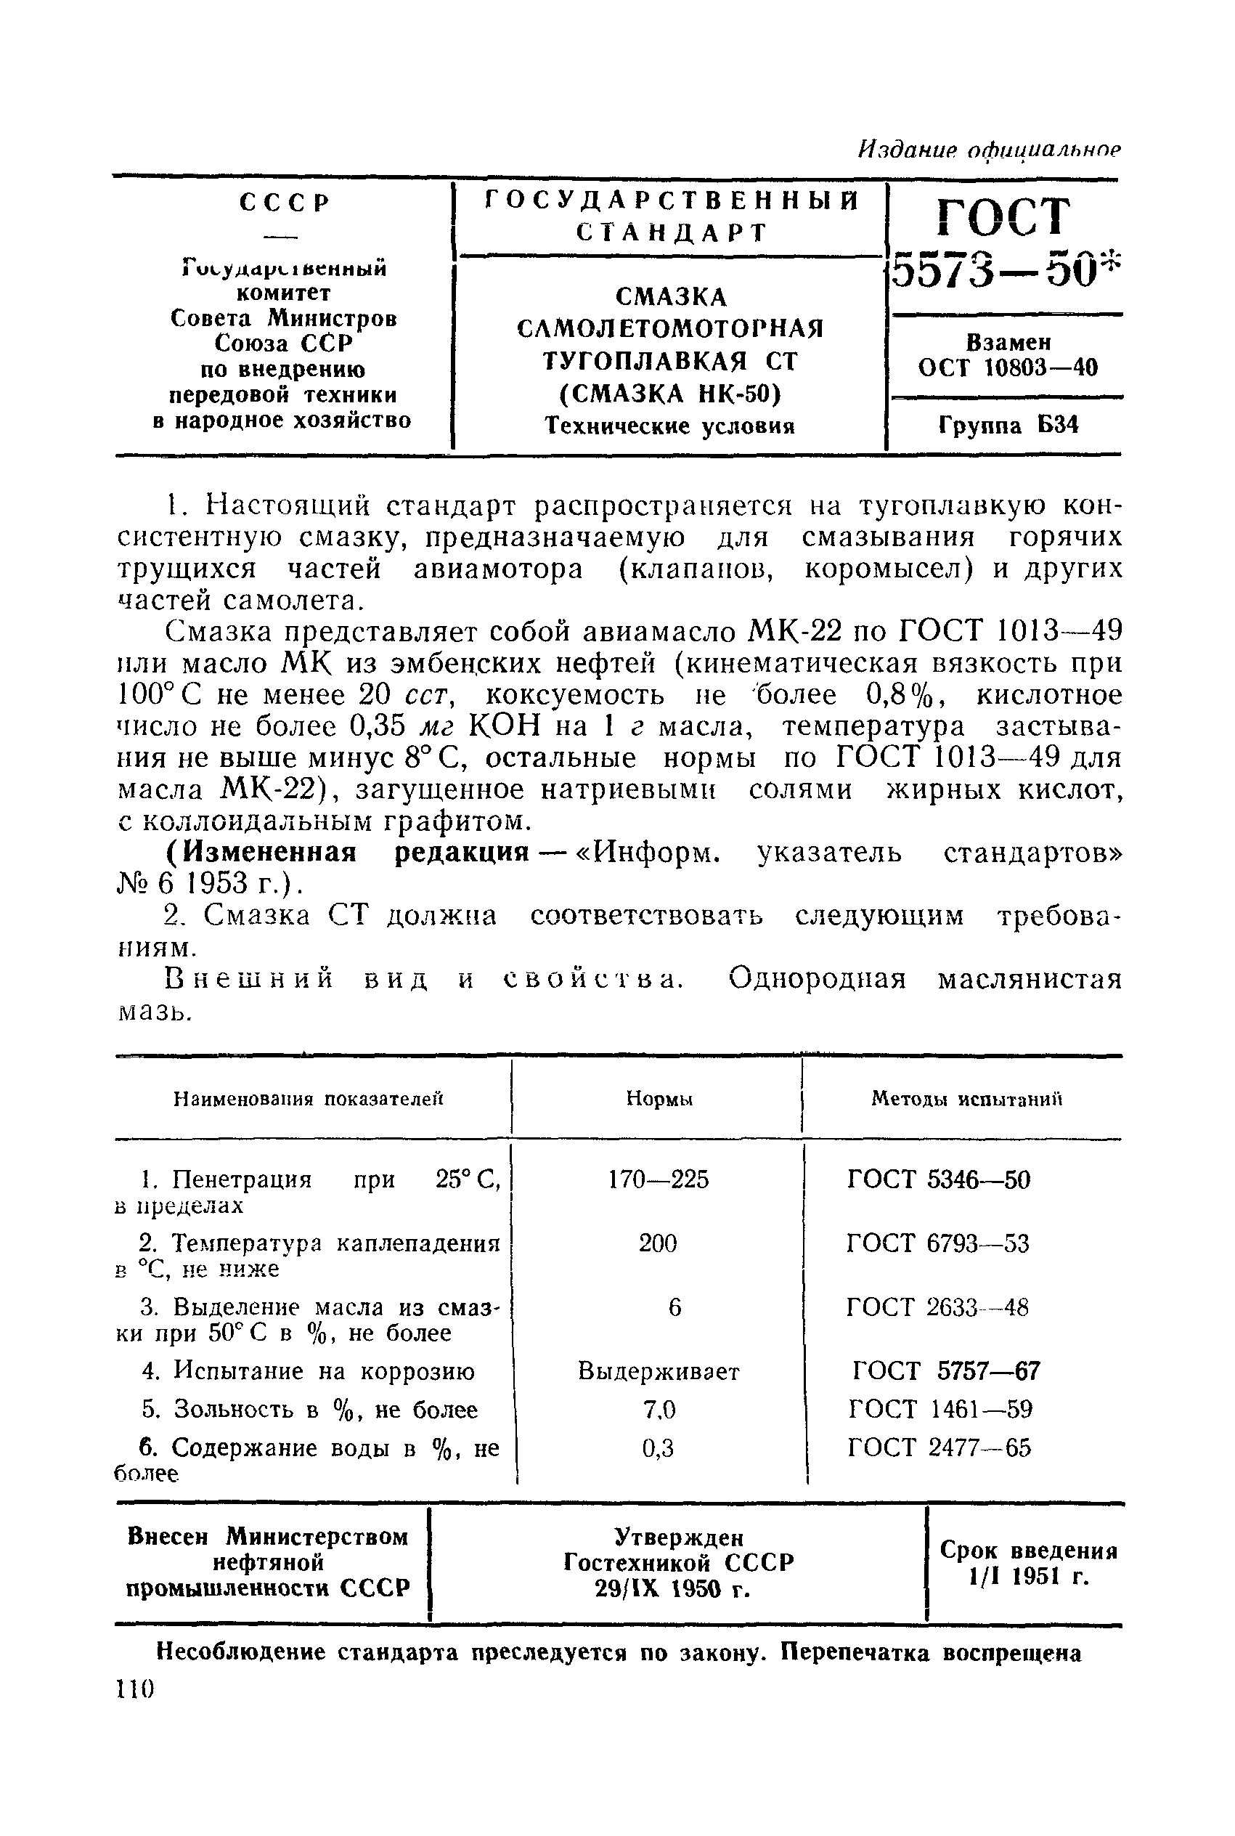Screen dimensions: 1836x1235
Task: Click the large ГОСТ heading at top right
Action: pyautogui.click(x=1004, y=216)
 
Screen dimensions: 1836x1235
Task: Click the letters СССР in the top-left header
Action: pyautogui.click(x=284, y=203)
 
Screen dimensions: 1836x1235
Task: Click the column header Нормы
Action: pyautogui.click(x=659, y=1099)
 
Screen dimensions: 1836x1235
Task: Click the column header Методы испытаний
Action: pyautogui.click(x=966, y=1099)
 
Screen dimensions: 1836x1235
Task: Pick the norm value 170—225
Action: pyautogui.click(x=659, y=1179)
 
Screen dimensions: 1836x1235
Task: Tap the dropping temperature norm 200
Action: pyautogui.click(x=658, y=1243)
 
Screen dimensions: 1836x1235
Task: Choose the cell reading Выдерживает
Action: pyautogui.click(x=659, y=1371)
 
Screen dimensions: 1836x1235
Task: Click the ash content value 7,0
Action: pyautogui.click(x=659, y=1409)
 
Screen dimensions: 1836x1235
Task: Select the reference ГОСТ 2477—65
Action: pyautogui.click(x=939, y=1447)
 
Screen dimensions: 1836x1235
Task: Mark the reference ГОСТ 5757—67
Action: pyautogui.click(x=945, y=1371)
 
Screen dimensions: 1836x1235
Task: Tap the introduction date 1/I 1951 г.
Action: pyautogui.click(x=1029, y=1577)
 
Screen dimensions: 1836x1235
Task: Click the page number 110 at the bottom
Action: pyautogui.click(x=136, y=1689)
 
